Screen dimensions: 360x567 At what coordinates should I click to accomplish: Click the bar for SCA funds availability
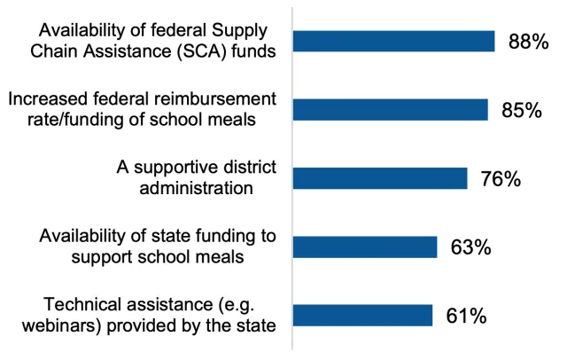pyautogui.click(x=393, y=41)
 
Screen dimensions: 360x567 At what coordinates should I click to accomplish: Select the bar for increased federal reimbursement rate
pyautogui.click(x=390, y=109)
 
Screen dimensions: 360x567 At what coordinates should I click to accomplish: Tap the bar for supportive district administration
pyautogui.click(x=379, y=178)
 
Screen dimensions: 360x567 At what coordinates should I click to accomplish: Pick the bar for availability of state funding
pyautogui.click(x=364, y=247)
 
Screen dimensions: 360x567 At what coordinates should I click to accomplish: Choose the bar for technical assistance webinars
pyautogui.click(x=362, y=316)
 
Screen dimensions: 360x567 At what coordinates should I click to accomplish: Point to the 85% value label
pyautogui.click(x=523, y=110)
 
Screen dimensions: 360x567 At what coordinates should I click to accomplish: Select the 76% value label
pyautogui.click(x=501, y=178)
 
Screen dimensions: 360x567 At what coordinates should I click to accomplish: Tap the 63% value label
pyautogui.click(x=471, y=247)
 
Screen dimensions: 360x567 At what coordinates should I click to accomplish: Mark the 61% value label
pyautogui.click(x=465, y=316)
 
